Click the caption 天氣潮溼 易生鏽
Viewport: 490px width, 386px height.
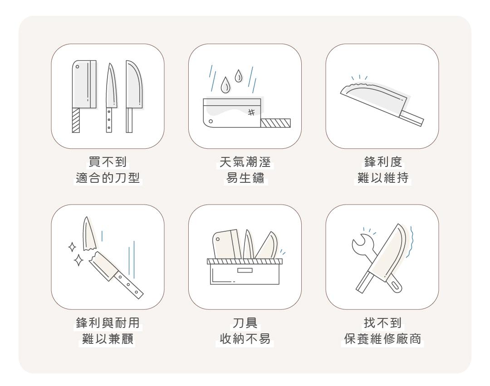(245, 170)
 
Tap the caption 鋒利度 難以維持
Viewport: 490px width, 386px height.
(383, 170)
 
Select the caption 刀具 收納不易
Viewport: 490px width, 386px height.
(245, 331)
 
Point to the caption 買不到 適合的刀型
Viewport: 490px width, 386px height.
(108, 170)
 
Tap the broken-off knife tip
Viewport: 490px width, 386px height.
(88, 234)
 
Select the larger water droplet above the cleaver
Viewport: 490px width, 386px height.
(225, 85)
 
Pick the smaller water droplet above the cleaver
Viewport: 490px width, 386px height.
(239, 76)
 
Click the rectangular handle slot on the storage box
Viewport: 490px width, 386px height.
(245, 270)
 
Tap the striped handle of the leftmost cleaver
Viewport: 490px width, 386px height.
(76, 120)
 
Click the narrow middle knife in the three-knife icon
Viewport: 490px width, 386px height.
(110, 98)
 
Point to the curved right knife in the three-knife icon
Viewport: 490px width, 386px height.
(133, 97)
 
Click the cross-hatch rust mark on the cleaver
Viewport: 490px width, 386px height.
(251, 112)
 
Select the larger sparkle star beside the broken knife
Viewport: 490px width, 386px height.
(78, 260)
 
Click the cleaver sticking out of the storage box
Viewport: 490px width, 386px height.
(226, 244)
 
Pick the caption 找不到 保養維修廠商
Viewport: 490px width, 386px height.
(383, 331)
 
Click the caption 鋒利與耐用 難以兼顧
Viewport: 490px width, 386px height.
(108, 331)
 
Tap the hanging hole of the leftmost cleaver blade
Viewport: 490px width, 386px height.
(78, 67)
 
